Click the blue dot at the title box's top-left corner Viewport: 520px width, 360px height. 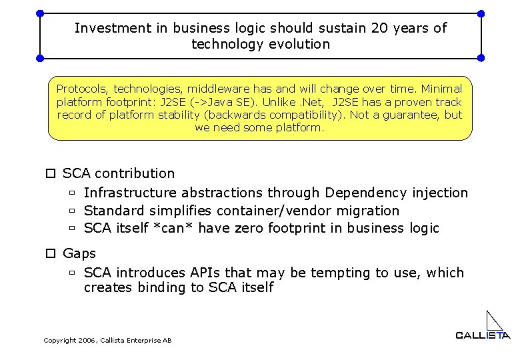tap(40, 13)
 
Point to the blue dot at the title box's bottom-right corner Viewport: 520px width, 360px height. tap(481, 58)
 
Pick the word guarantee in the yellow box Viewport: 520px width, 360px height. tap(411, 115)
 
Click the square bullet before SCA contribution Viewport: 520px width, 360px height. tap(49, 173)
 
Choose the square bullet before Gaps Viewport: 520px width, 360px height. tap(49, 253)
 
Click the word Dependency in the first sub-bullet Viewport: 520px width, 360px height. tap(366, 193)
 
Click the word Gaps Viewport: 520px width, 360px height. tap(79, 253)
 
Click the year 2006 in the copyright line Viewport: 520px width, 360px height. tap(87, 341)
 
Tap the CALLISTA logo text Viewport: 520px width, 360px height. tap(483, 335)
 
